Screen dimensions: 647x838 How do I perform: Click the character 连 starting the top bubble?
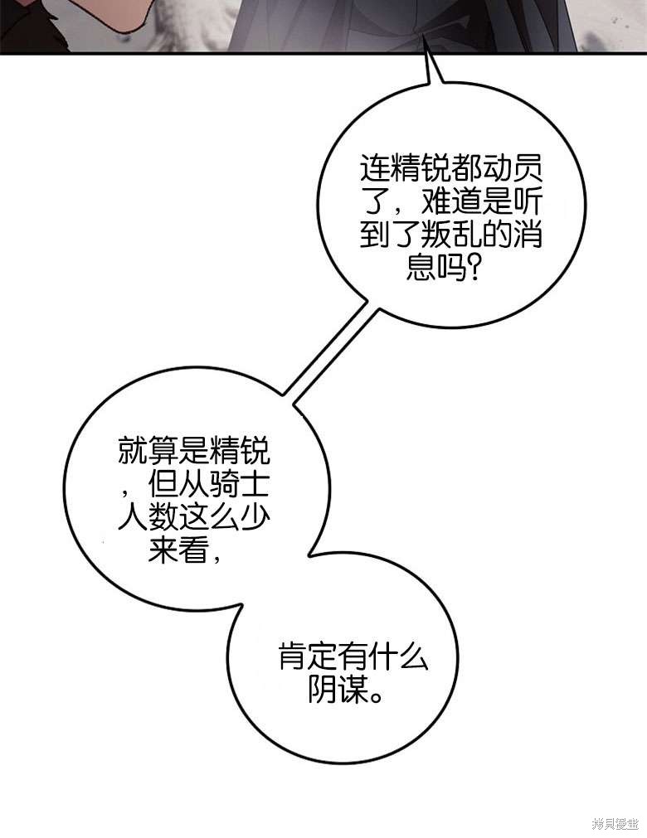pos(375,169)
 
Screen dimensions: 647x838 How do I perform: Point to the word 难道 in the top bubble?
pos(451,201)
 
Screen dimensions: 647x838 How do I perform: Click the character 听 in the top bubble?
pos(528,201)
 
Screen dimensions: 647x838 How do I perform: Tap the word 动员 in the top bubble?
pos(513,169)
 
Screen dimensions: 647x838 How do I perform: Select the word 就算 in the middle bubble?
pos(148,451)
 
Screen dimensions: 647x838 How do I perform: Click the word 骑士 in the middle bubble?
pos(240,484)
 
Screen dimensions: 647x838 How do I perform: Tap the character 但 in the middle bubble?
pos(163,484)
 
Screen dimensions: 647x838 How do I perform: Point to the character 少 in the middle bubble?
pos(255,516)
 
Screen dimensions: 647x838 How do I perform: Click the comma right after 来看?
pos(215,558)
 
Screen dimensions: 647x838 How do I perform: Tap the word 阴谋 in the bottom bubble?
pos(338,689)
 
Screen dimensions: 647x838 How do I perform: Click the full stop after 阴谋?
pos(377,696)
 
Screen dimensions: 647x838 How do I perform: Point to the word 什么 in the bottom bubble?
pos(400,656)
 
